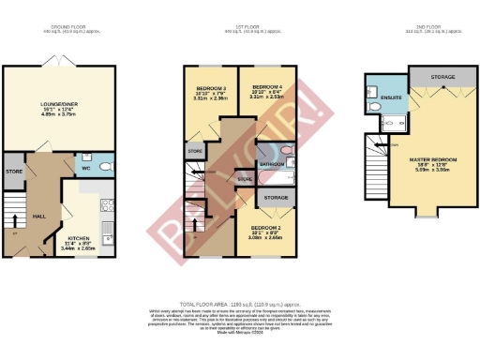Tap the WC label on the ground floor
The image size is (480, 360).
pos(86,170)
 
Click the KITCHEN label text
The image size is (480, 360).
pos(78,239)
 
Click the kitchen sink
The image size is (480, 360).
pos(108,228)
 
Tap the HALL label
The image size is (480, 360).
pos(39,216)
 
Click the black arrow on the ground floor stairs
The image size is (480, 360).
pos(13,221)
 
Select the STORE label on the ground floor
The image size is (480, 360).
pos(13,172)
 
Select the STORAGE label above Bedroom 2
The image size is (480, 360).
pos(276,198)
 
